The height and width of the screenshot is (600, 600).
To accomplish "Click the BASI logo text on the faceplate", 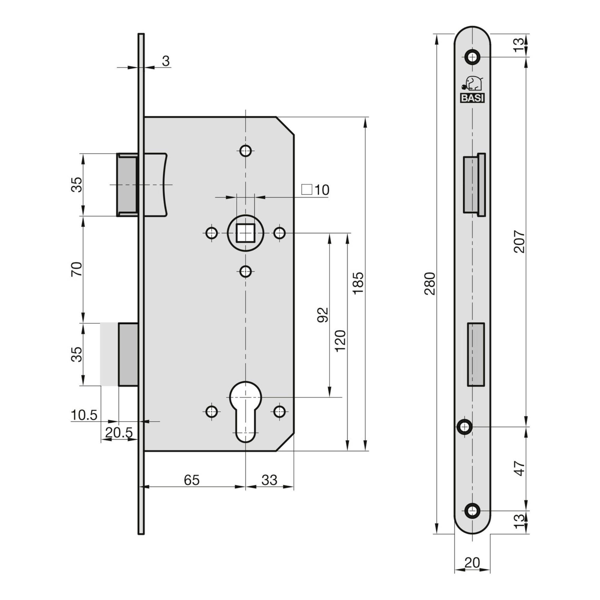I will coord(472,98).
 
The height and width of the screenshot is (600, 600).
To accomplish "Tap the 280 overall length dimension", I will coord(430,283).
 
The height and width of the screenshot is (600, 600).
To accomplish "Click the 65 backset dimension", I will coord(192,480).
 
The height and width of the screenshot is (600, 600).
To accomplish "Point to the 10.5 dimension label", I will coord(84,415).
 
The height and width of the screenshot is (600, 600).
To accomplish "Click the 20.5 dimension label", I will coord(119,432).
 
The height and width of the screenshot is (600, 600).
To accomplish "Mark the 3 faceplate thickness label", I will coord(166,61).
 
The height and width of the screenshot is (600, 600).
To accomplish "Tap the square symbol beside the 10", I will coord(307,189).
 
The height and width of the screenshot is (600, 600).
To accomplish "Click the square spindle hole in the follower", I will coord(245,232).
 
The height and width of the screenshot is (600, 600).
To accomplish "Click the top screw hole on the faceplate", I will coord(472,57).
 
